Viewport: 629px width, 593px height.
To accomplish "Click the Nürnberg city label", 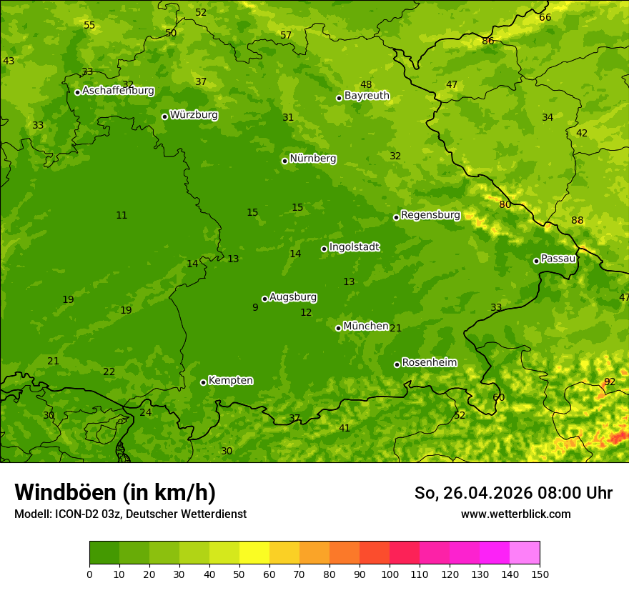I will [313, 159].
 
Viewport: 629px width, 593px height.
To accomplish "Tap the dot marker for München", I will [338, 328].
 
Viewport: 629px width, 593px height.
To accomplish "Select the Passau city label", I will [558, 259].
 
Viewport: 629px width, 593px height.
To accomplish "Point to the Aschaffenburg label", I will [118, 91].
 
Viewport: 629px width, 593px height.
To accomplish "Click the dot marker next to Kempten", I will [203, 382].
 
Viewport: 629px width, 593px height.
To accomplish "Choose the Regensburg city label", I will [430, 215].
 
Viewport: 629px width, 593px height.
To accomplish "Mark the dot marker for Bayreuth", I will [339, 98].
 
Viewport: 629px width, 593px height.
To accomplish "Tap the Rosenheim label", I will [429, 362].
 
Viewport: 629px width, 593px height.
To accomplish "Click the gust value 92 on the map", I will [610, 382].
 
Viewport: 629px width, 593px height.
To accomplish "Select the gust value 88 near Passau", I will [578, 220].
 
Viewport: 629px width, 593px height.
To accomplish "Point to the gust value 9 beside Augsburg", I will [255, 307].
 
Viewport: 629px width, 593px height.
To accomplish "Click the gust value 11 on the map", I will [122, 215].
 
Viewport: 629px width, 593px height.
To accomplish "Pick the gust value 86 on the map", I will [488, 41].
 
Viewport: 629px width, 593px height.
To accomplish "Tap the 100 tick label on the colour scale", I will [390, 574].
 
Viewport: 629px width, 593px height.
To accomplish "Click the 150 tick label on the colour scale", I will [540, 574].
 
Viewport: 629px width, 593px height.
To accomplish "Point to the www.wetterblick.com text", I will [515, 514].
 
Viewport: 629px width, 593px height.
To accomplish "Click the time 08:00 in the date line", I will [545, 493].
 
